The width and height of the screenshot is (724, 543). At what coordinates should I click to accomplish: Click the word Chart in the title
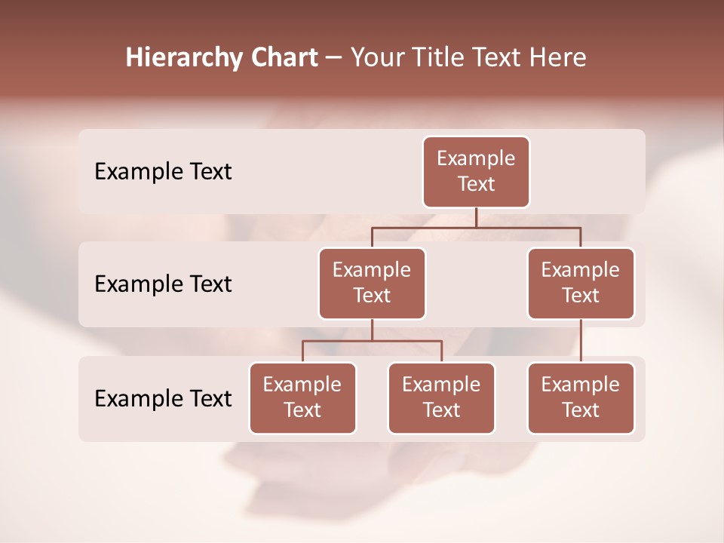283,58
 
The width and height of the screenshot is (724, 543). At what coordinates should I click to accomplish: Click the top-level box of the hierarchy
476,171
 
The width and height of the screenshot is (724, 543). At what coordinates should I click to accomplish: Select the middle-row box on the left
372,283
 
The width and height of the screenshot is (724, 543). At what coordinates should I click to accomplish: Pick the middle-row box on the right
581,283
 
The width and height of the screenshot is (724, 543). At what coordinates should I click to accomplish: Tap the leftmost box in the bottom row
302,397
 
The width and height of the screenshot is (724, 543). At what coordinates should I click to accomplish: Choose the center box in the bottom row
441,397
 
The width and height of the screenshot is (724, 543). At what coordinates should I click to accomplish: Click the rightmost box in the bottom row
581,397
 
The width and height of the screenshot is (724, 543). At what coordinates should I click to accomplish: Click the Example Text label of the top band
163,172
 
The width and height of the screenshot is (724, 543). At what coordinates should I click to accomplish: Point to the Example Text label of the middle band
163,284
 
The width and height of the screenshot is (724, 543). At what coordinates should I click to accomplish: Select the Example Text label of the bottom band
163,398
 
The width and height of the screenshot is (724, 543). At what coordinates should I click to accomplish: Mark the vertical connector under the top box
476,217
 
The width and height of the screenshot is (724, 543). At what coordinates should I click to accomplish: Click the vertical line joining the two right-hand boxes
581,341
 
